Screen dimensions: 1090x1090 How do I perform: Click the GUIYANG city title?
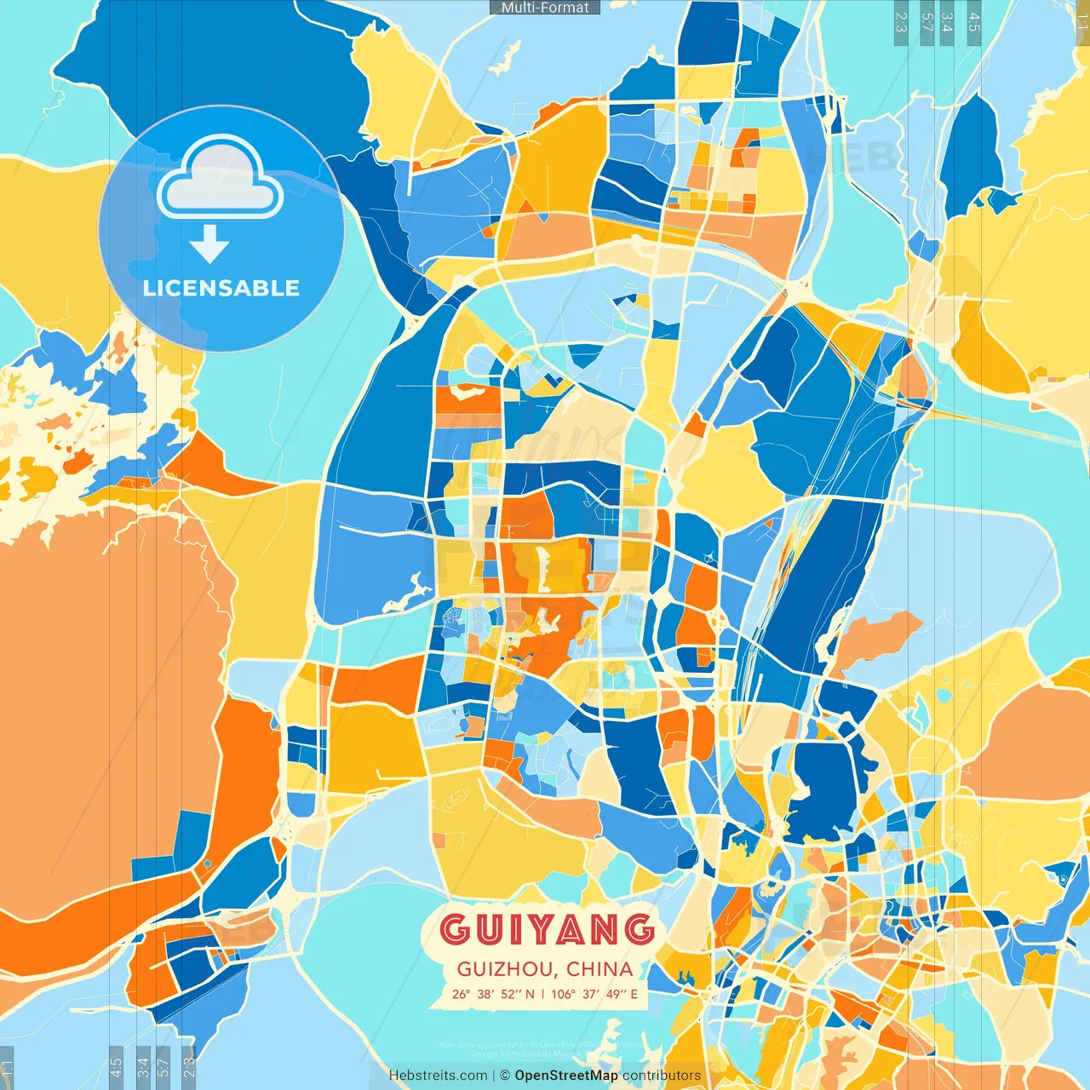pyautogui.click(x=548, y=929)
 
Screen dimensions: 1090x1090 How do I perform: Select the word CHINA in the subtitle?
pyautogui.click(x=599, y=969)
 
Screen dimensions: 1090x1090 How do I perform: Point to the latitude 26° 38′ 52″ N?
pyautogui.click(x=493, y=994)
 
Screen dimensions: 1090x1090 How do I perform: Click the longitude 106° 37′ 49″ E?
pyautogui.click(x=594, y=994)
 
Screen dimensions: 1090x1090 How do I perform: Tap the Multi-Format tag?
pyautogui.click(x=545, y=8)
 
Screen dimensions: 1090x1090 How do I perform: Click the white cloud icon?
pyautogui.click(x=221, y=177)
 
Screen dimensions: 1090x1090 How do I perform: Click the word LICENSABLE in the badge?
pyautogui.click(x=221, y=288)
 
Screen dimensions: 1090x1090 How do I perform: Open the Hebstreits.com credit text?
pyautogui.click(x=438, y=1076)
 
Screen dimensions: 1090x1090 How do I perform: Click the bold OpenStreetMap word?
pyautogui.click(x=566, y=1076)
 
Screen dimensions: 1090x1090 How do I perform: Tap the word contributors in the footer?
pyautogui.click(x=662, y=1076)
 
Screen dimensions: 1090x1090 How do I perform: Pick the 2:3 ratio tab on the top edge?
pyautogui.click(x=900, y=22)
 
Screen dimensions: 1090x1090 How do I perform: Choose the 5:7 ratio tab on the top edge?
pyautogui.click(x=926, y=22)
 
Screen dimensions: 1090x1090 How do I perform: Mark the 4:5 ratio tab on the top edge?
pyautogui.click(x=974, y=22)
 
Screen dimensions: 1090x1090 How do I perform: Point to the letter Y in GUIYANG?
pyautogui.click(x=547, y=929)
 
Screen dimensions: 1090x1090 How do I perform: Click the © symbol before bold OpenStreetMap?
pyautogui.click(x=504, y=1076)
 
